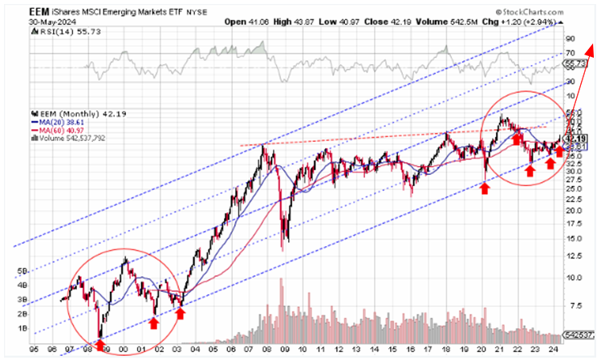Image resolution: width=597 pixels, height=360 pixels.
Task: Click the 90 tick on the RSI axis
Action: pos(571,38)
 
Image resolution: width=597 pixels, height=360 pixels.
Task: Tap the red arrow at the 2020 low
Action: pos(485,188)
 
